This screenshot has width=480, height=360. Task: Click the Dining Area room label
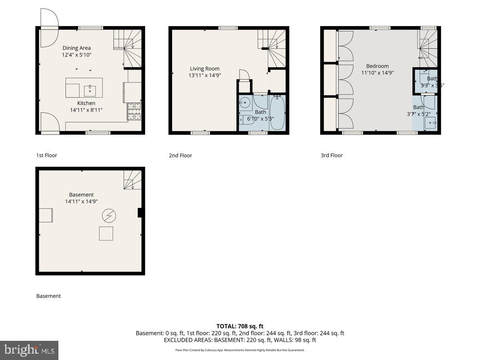pos(76,48)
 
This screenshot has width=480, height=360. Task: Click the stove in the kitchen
pos(134,112)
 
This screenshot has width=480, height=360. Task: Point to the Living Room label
pos(204,68)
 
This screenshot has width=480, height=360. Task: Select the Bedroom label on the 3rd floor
pos(377,66)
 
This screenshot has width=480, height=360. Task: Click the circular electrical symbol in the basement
pos(109,216)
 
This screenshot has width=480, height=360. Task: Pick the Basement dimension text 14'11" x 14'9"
pos(82,202)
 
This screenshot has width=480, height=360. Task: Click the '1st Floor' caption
pos(47,155)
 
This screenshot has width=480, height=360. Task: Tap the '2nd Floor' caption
pos(180,155)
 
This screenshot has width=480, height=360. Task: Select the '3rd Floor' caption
pos(332,155)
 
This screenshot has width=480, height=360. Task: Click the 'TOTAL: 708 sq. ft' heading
pos(240,326)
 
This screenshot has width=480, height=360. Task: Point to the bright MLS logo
pos(29,350)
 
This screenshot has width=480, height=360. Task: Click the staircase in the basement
pos(132,180)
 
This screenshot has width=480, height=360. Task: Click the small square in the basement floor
pos(106,233)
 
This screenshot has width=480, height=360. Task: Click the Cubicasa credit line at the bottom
pos(240,350)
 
